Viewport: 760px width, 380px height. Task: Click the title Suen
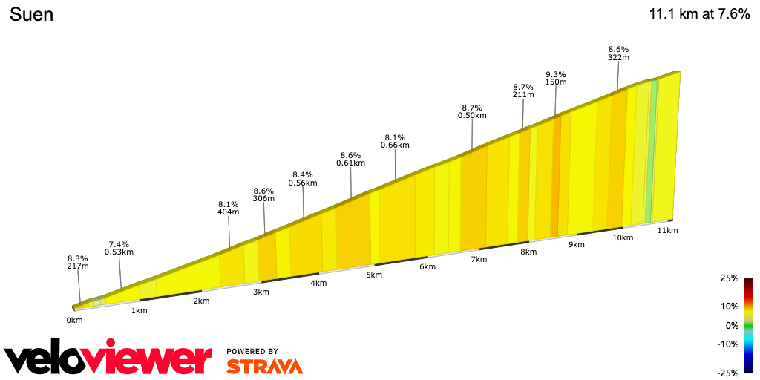coord(31,14)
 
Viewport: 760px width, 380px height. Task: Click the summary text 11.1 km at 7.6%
coord(699,14)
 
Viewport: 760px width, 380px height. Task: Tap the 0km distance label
coord(74,320)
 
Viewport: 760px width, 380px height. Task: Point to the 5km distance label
coord(374,275)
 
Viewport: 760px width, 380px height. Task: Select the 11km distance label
coord(668,231)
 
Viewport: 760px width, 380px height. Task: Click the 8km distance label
coord(528,252)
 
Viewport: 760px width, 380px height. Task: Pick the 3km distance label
coord(261,292)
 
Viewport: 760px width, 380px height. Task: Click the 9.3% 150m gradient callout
coord(556,78)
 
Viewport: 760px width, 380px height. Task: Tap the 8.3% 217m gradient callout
coord(78,262)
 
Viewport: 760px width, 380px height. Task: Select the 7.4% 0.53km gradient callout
coord(119,248)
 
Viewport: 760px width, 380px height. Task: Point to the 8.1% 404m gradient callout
coord(228,208)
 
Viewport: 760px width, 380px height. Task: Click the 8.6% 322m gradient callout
coord(618,53)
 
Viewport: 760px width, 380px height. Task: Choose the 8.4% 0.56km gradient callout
coord(304,178)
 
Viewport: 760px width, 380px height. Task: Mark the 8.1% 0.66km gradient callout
coord(395,141)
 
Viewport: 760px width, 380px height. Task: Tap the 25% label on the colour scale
coord(729,278)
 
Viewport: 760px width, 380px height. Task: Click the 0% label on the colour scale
coord(732,325)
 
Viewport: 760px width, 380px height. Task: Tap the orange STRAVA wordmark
coord(264,366)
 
